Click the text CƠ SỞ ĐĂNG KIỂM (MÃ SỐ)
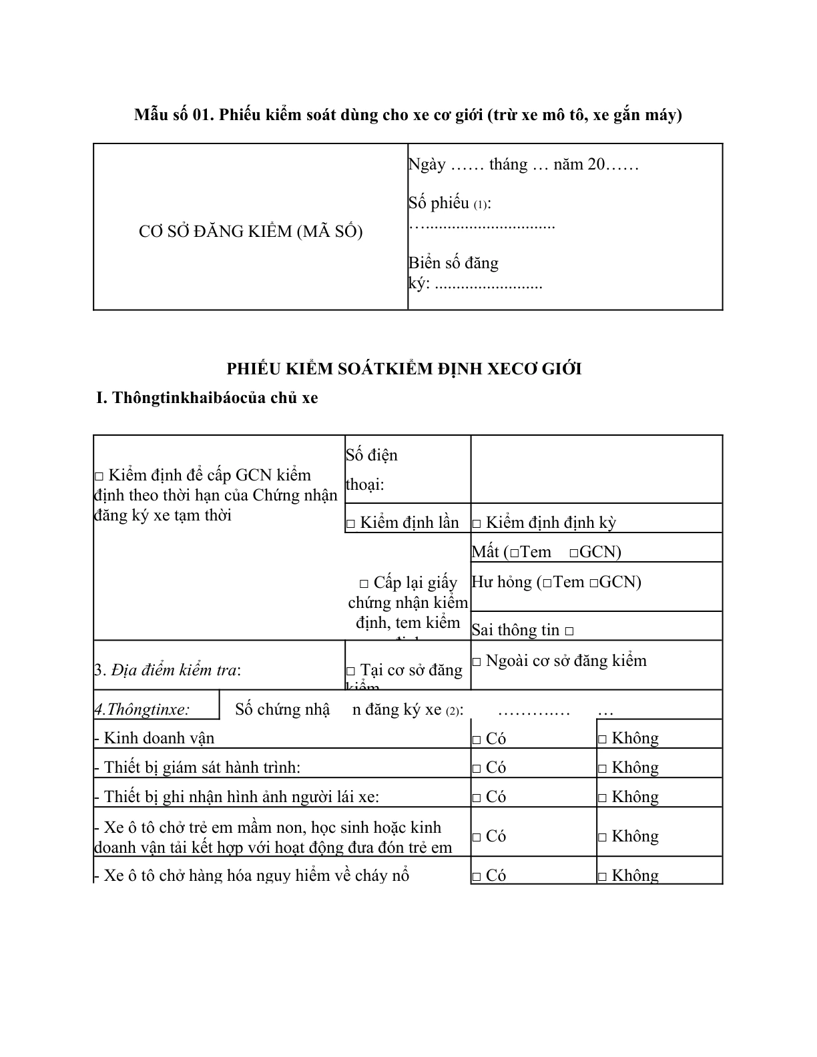click(x=250, y=232)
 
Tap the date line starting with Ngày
click(x=523, y=164)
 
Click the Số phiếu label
click(x=449, y=203)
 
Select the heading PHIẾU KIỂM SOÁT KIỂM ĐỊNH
click(x=404, y=368)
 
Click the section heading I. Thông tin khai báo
click(x=207, y=398)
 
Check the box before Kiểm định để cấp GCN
click(x=99, y=476)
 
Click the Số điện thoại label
click(x=371, y=469)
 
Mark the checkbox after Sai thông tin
click(x=569, y=631)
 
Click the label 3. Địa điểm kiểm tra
click(x=168, y=670)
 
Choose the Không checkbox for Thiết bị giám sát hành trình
click(x=602, y=769)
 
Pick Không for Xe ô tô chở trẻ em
click(x=602, y=837)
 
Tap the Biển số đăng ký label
click(x=453, y=273)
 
